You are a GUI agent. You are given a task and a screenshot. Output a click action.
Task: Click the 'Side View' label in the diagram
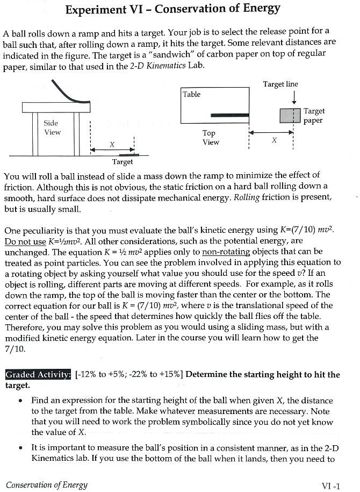52,127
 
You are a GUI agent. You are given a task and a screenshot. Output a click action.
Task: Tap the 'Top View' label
210,138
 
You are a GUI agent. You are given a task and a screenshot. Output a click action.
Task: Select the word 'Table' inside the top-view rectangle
191,94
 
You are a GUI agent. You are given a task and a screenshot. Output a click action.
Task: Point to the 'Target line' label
280,84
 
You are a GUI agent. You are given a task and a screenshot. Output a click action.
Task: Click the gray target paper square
290,115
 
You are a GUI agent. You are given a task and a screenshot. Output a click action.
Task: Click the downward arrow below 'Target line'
293,97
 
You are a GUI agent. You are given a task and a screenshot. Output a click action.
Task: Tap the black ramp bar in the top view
229,115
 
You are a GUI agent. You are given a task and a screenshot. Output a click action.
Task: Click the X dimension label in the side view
112,144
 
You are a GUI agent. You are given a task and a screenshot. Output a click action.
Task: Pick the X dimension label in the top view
274,140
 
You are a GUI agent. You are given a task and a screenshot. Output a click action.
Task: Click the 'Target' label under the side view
122,161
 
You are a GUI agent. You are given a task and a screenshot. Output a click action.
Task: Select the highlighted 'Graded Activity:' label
38,375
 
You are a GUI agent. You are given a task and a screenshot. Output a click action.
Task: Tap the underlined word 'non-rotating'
224,252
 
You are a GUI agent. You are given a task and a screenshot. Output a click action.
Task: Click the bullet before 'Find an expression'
20,401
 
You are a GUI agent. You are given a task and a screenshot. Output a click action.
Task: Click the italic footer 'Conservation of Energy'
46,485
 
